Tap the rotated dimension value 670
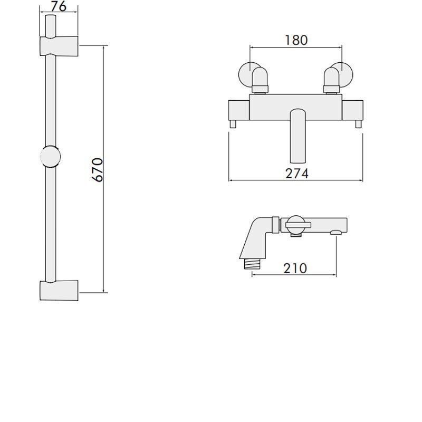pos(97,169)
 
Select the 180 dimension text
pos(296,40)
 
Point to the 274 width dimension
pos(296,172)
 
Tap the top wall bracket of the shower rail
pos(59,46)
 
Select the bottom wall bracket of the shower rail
pos(59,291)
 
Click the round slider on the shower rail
pos(50,157)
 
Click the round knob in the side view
pos(295,225)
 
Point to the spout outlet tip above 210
pos(335,232)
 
